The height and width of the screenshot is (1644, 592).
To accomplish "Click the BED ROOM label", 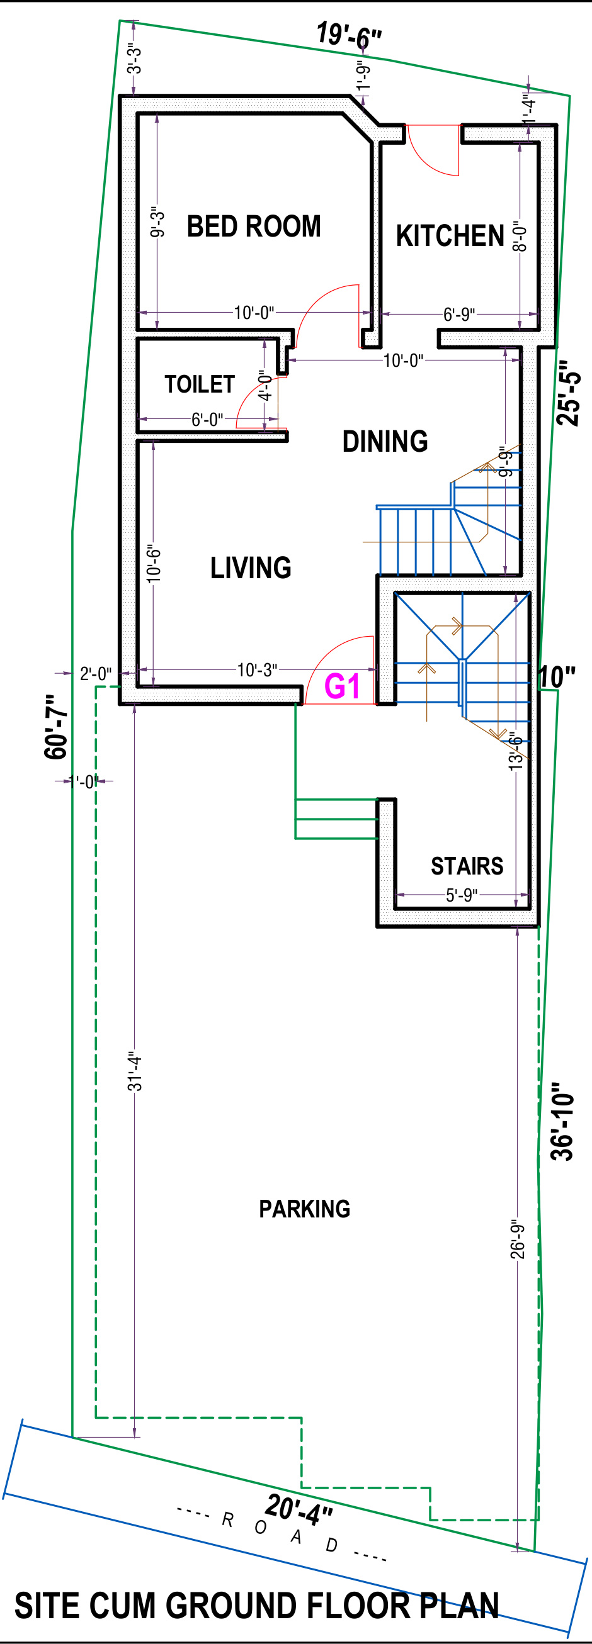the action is (x=254, y=226).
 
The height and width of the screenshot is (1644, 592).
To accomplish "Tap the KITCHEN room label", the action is (x=450, y=235).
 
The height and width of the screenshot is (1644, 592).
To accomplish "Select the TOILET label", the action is (x=200, y=384).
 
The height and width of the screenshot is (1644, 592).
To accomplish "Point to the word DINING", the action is (x=385, y=442).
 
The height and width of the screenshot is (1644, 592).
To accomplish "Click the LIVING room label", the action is (x=251, y=568).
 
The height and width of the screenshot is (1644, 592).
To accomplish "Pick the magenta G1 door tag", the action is (x=343, y=686).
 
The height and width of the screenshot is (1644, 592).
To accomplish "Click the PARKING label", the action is (x=305, y=1209).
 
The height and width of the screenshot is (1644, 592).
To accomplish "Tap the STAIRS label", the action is (x=467, y=866).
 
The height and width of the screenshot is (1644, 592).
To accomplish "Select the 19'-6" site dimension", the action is (x=350, y=35).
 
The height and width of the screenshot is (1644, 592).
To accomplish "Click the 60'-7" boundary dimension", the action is (x=56, y=727).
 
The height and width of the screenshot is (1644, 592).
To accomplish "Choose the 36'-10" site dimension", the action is (x=562, y=1121).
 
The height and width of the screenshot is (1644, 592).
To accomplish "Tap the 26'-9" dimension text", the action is (x=517, y=1240).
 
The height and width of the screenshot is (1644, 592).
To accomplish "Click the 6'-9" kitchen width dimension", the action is (x=459, y=314).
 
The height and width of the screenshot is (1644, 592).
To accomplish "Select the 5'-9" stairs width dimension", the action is (x=462, y=895).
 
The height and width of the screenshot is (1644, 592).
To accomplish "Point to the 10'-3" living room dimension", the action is (x=258, y=670).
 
